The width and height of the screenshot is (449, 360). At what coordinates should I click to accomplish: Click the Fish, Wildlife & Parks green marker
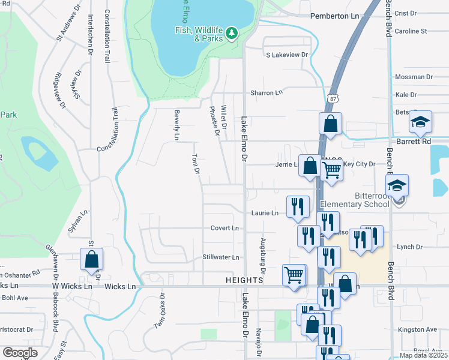point(232,34)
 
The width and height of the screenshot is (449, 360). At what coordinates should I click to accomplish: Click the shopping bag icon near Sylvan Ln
point(91,260)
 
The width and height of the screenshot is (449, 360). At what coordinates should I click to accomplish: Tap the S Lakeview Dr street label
point(287,55)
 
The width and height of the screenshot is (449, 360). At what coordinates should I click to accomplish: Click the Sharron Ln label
point(266,93)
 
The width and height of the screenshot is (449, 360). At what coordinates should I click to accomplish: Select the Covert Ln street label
point(224,228)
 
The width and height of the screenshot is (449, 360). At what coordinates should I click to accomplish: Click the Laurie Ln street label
point(264,213)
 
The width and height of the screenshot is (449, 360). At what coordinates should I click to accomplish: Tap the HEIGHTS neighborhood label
point(245,280)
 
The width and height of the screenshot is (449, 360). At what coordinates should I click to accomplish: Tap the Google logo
point(20,353)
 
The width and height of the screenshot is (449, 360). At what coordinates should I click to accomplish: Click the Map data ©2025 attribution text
point(423,355)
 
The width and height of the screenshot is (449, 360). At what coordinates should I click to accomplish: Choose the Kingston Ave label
point(418,329)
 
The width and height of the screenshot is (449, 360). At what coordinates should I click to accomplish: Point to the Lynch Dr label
point(410,247)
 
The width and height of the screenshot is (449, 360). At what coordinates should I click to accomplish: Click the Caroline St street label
point(411,31)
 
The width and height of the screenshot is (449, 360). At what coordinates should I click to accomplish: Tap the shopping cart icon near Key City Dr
point(332,170)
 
